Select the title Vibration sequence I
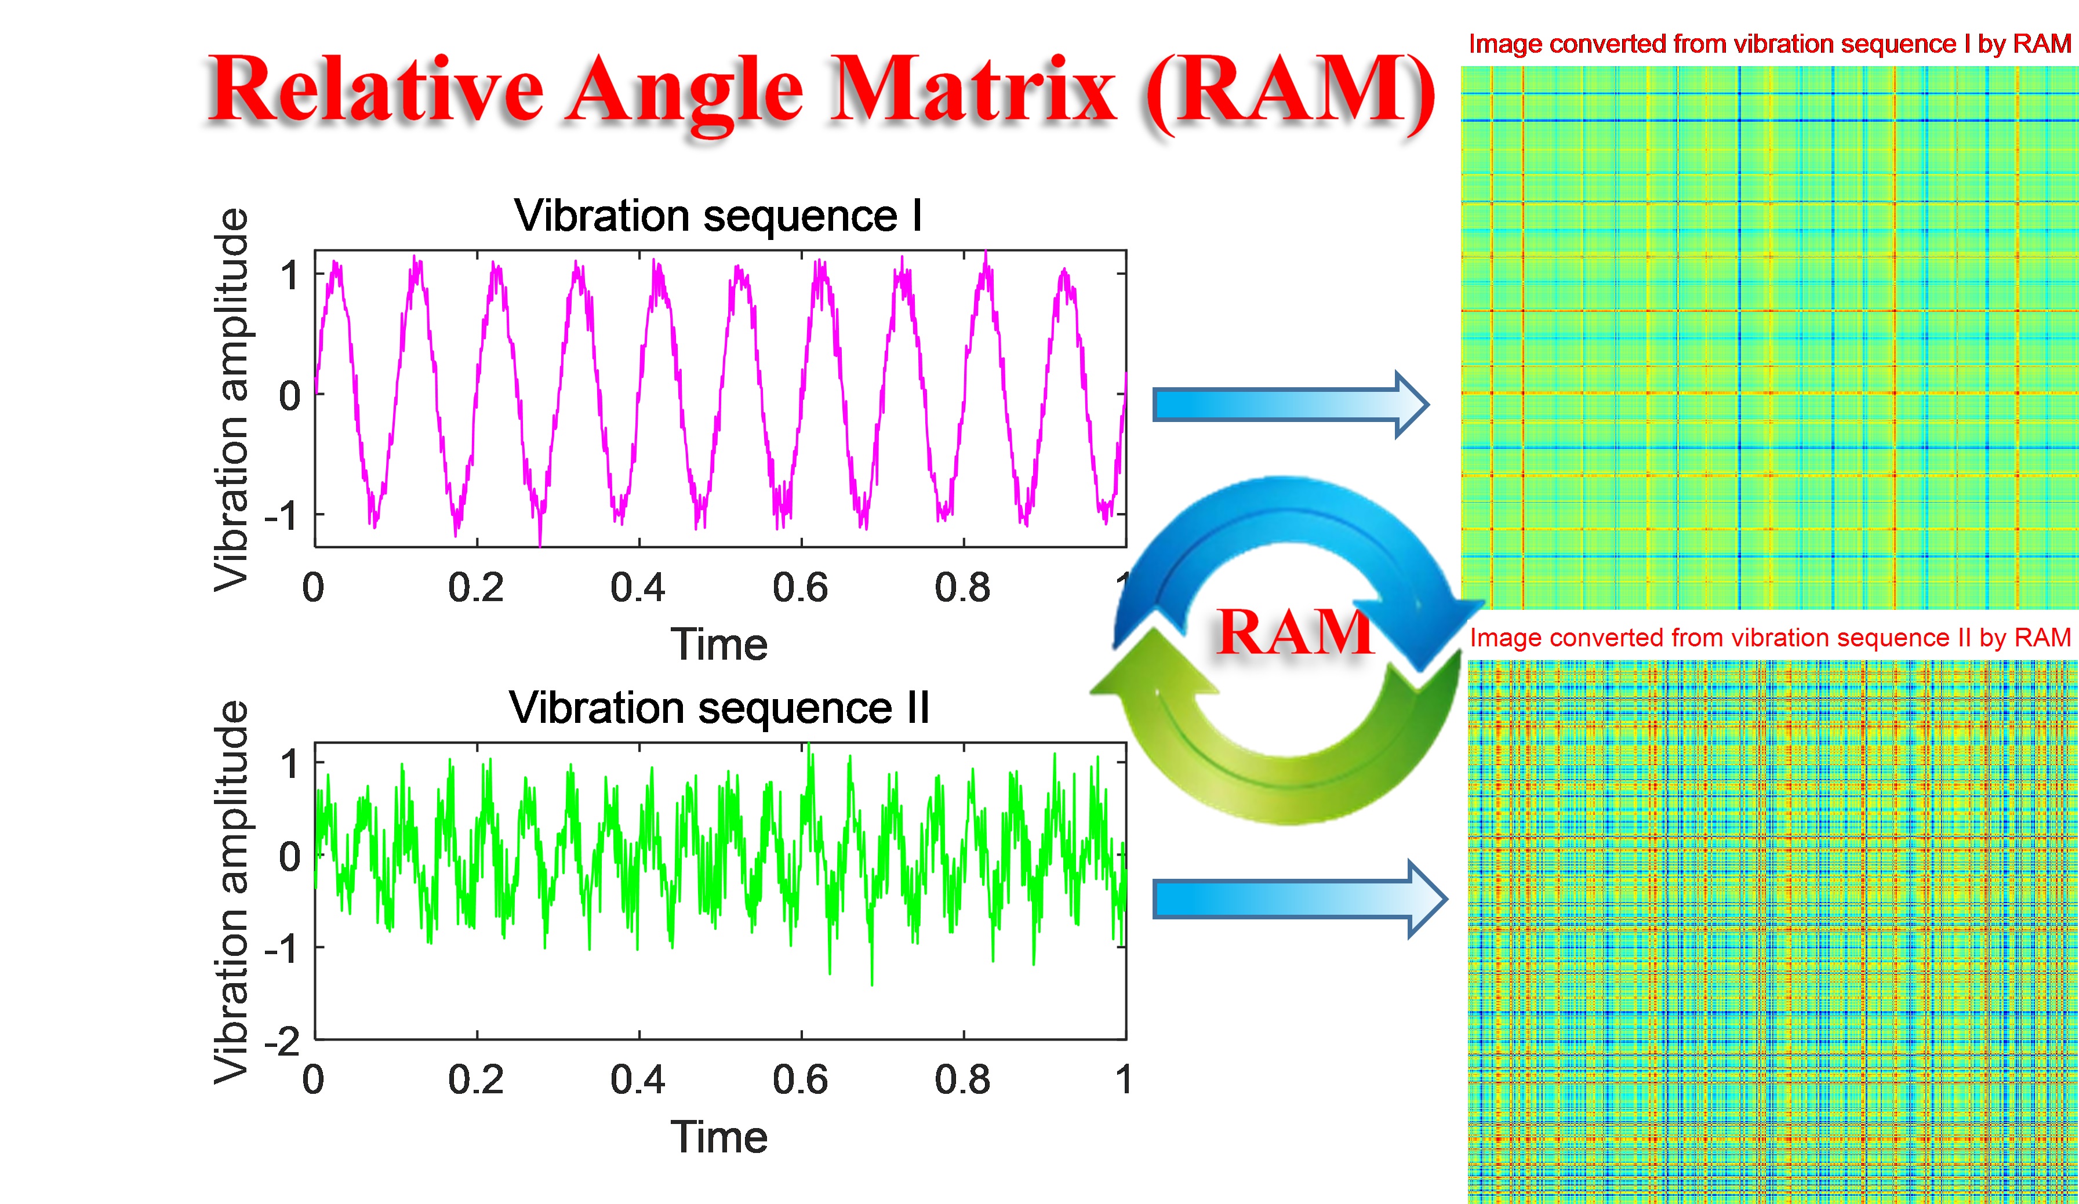coord(718,216)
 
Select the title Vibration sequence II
coord(718,708)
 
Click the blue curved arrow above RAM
coord(1287,528)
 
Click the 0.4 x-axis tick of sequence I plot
coord(638,587)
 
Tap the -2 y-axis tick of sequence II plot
coord(282,1042)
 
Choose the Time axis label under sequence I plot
coord(718,644)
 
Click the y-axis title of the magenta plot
coord(231,400)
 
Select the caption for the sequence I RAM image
coord(1769,43)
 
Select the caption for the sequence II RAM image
coord(1769,638)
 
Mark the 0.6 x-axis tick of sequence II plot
coord(800,1079)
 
